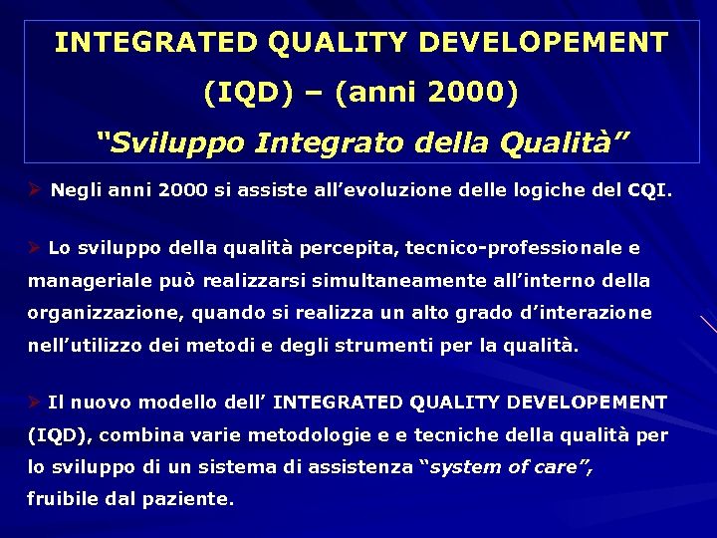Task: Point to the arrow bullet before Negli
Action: [x=34, y=188]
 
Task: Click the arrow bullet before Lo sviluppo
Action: [x=34, y=246]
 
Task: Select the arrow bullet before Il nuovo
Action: [x=34, y=402]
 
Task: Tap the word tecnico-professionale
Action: [x=532, y=247]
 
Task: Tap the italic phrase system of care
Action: [x=508, y=467]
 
